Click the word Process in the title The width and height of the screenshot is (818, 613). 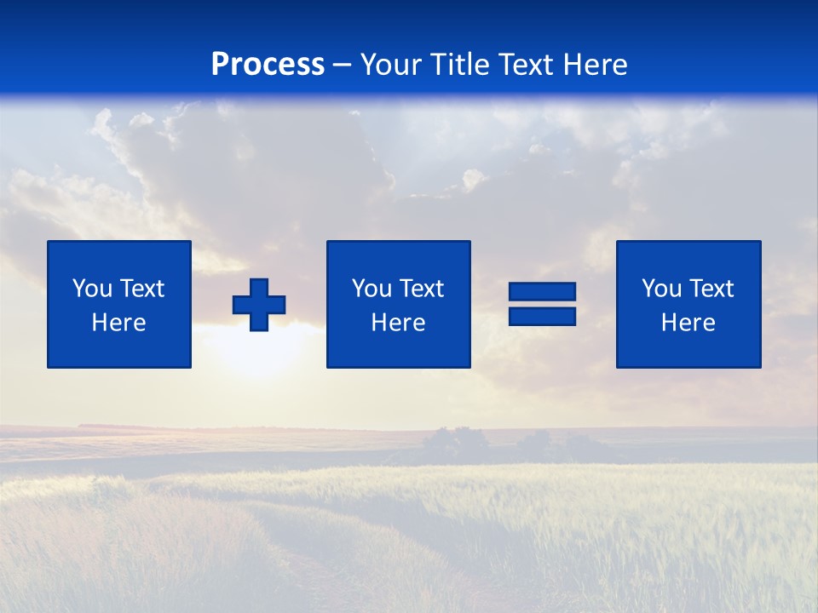click(268, 65)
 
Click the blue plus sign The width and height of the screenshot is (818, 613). click(259, 305)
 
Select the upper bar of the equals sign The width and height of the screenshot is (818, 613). click(542, 292)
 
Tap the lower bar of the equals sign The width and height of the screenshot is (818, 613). click(542, 317)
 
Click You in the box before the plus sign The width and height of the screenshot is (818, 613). click(91, 289)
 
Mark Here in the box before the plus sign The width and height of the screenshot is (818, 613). click(118, 323)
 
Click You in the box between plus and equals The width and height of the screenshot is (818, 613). click(371, 289)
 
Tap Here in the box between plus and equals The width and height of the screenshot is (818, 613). click(398, 323)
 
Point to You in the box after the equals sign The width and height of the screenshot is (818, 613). click(660, 289)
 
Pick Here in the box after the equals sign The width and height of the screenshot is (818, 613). click(688, 323)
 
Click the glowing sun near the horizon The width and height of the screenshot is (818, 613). click(256, 353)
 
